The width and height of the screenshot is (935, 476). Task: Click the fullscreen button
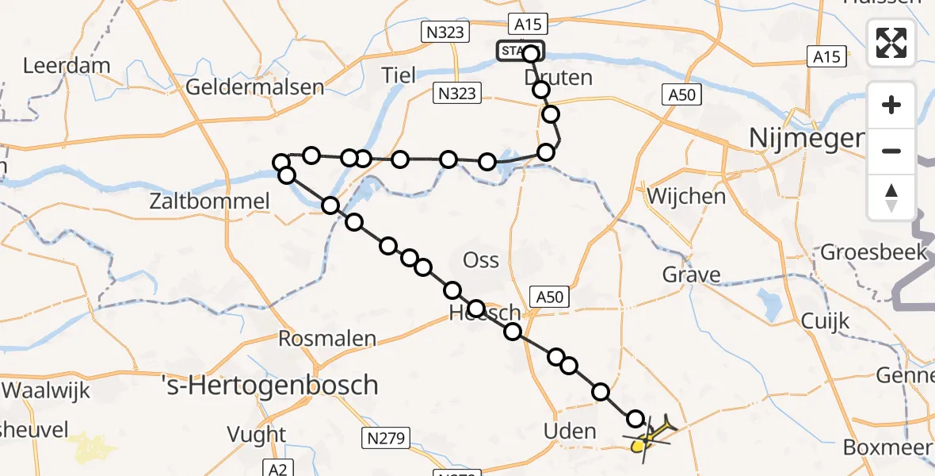coord(891,43)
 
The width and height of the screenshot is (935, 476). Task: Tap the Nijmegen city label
coord(805,139)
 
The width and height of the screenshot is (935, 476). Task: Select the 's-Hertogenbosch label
coord(269,386)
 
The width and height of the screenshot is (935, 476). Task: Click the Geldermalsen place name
coord(254,86)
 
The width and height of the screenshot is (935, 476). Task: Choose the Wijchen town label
coord(686,195)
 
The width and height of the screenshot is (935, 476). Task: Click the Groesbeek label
coord(873,252)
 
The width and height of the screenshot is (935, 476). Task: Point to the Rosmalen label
coord(327,339)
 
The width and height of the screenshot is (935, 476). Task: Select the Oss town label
coord(482,259)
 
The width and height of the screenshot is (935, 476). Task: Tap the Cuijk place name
coord(825,321)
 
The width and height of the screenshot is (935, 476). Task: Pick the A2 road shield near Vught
coord(277,469)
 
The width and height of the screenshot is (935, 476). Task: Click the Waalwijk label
coord(47,390)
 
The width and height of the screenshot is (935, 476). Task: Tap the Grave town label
coord(692,275)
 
